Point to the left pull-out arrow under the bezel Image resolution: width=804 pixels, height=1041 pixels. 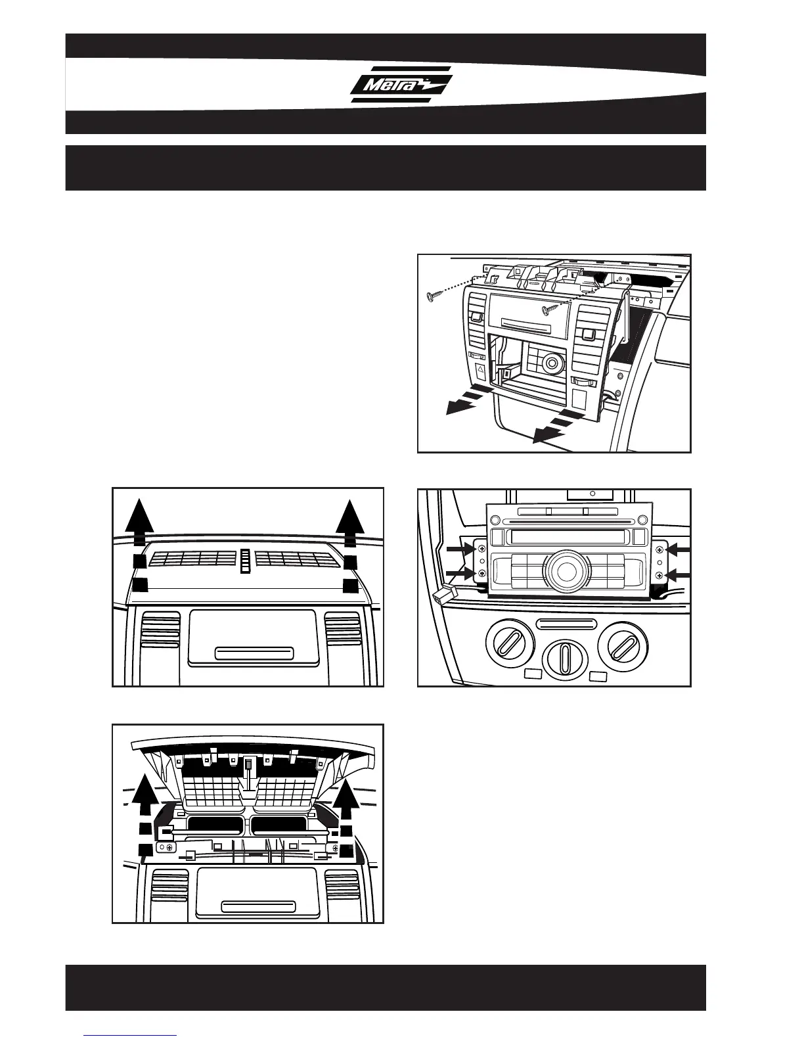(468, 400)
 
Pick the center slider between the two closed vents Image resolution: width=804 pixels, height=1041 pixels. (246, 560)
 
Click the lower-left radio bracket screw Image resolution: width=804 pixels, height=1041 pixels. (482, 574)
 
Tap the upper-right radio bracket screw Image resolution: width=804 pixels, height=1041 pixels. (659, 549)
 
